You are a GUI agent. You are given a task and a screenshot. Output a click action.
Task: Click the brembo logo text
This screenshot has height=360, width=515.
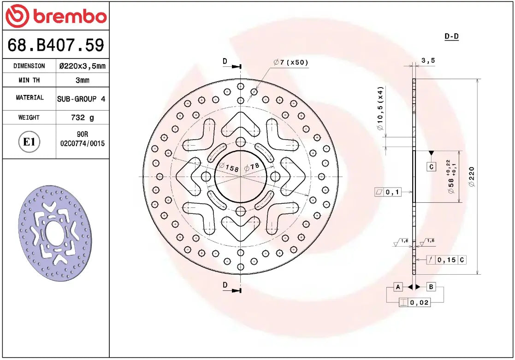[69, 17]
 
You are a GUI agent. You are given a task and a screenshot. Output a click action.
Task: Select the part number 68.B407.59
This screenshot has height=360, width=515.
[56, 45]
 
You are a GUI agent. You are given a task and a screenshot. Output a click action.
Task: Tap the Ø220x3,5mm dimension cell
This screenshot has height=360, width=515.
[83, 66]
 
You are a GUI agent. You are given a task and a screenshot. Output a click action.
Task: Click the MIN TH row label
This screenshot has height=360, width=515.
[29, 80]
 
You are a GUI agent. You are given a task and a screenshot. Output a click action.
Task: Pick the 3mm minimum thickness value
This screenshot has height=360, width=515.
[83, 80]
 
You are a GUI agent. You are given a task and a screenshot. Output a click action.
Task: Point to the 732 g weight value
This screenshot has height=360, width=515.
[82, 118]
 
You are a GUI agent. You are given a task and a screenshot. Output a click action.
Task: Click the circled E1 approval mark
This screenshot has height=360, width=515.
[29, 142]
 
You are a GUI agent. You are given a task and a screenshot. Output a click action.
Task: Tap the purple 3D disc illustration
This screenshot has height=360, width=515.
[55, 234]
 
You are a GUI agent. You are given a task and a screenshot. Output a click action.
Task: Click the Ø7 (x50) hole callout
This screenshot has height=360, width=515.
[290, 62]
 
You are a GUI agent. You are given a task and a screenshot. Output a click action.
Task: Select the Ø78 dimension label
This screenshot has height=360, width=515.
[252, 167]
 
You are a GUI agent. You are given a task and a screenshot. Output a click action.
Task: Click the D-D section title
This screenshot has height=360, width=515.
[451, 36]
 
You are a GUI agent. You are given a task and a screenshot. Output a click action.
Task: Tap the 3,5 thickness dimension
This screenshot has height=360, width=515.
[428, 60]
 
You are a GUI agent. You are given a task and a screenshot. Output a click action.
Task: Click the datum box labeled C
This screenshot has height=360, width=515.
[431, 167]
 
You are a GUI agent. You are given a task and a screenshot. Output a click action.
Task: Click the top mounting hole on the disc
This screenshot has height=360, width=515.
[240, 142]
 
